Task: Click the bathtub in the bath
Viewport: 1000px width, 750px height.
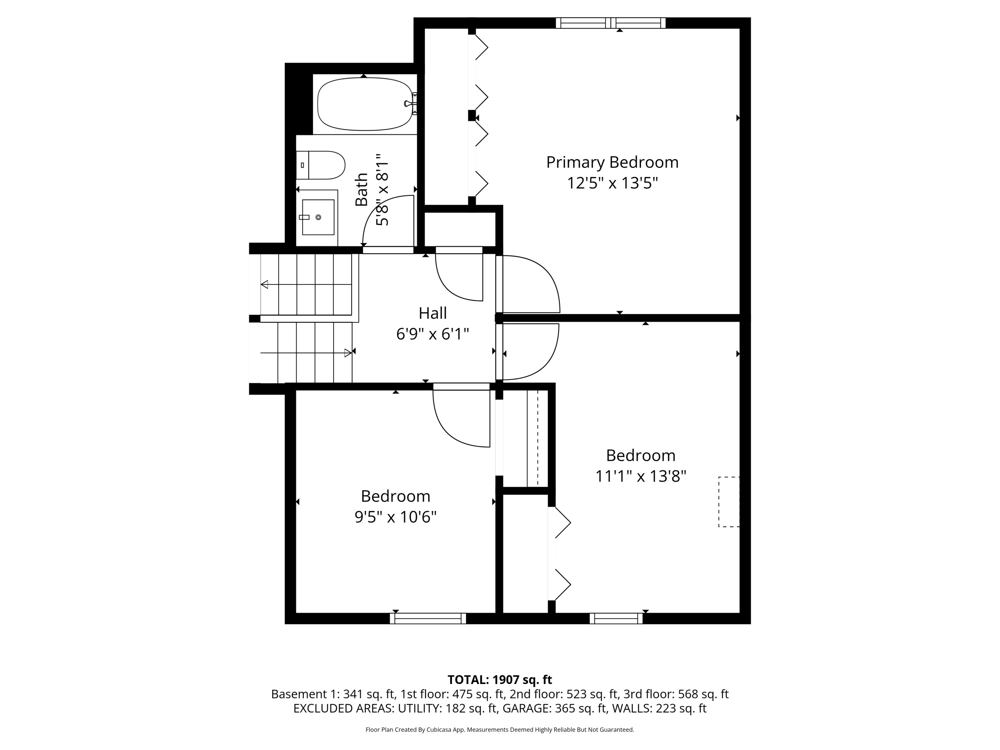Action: pyautogui.click(x=365, y=104)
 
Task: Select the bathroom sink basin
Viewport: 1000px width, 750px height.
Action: pyautogui.click(x=318, y=218)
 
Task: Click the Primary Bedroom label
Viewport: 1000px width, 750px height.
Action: pyautogui.click(x=612, y=162)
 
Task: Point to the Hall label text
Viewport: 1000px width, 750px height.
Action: pyautogui.click(x=433, y=313)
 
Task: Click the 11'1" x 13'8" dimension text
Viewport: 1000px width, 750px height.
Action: pyautogui.click(x=641, y=476)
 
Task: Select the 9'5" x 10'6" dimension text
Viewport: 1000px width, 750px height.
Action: pyautogui.click(x=396, y=517)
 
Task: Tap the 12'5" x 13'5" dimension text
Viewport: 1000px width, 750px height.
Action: pyautogui.click(x=612, y=183)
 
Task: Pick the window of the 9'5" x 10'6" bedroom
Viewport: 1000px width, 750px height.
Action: pyautogui.click(x=428, y=618)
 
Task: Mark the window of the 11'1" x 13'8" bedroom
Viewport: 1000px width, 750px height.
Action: pyautogui.click(x=616, y=618)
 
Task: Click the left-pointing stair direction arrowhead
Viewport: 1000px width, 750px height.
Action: pyautogui.click(x=264, y=284)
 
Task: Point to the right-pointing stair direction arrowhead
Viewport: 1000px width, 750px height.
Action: pyautogui.click(x=348, y=353)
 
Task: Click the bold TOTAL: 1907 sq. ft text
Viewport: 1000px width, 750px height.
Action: pyautogui.click(x=500, y=679)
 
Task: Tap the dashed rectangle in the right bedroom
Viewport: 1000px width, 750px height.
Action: pyautogui.click(x=729, y=502)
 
